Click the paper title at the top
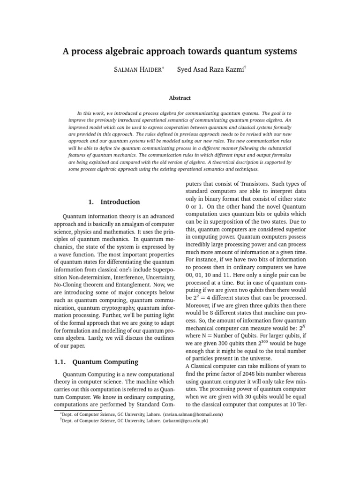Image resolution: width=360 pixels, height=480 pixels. pyautogui.click(x=180, y=52)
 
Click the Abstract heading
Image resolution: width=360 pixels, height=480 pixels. pyautogui.click(x=180, y=98)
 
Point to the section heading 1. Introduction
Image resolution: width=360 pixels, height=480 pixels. pyautogui.click(x=114, y=202)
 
